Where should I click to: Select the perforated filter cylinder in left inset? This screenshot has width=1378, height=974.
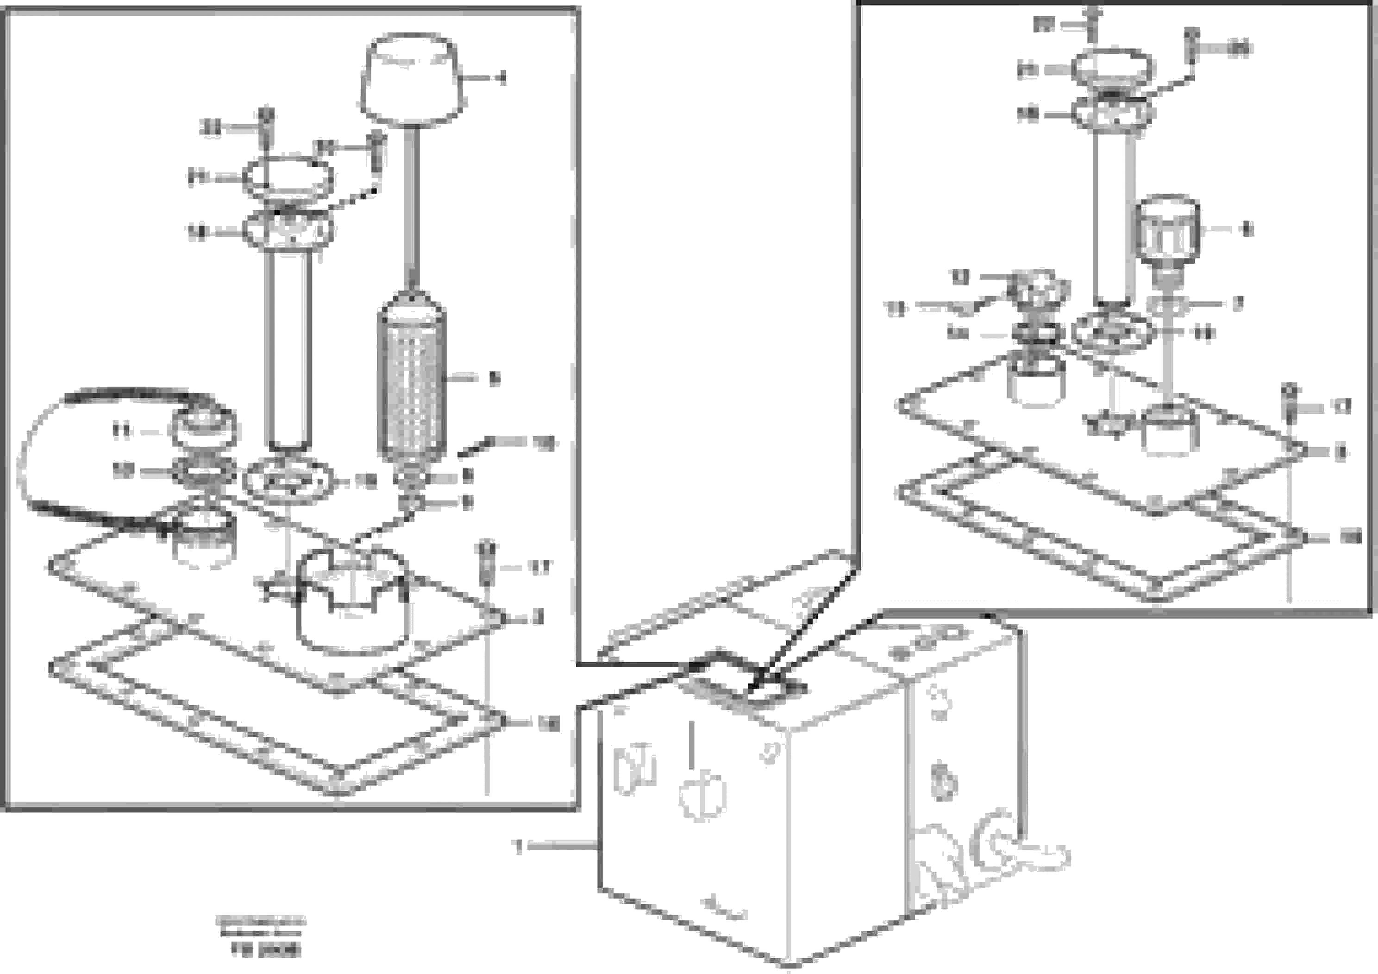(411, 384)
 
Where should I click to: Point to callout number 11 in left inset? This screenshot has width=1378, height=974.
(122, 431)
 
